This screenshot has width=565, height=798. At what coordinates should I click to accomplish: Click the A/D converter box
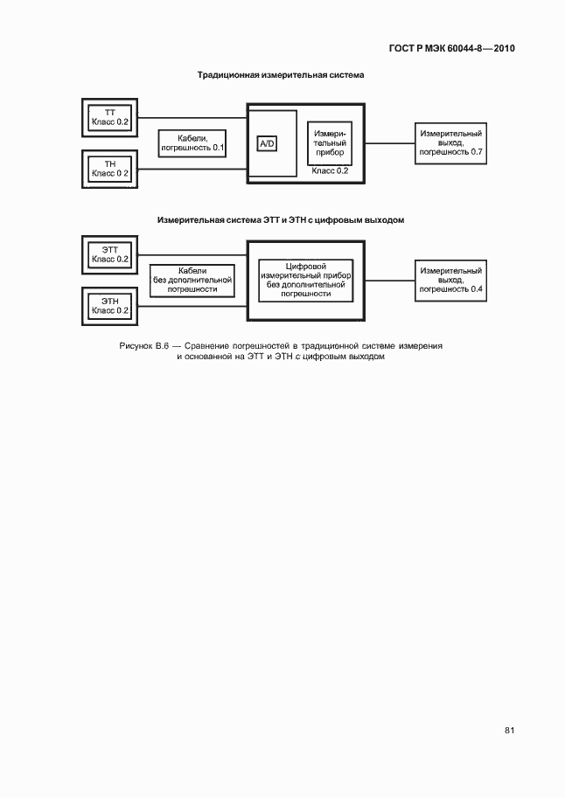[267, 144]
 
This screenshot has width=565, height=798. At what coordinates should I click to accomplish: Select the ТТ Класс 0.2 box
[109, 118]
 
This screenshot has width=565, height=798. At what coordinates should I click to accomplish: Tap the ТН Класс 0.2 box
[109, 169]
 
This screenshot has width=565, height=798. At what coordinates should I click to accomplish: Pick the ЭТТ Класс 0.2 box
[109, 254]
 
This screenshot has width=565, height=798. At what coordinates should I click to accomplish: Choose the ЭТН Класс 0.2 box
[109, 306]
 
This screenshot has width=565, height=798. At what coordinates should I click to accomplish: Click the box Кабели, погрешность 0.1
[192, 143]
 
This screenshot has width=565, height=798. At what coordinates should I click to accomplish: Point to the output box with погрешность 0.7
[451, 143]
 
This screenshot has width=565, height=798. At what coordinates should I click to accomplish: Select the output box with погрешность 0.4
[451, 281]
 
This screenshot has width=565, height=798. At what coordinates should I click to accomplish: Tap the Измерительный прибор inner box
[330, 143]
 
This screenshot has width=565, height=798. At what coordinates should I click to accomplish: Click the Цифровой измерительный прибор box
[306, 281]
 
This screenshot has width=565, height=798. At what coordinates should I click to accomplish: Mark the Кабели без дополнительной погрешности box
[192, 281]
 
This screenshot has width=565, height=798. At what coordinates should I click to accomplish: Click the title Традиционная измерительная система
[281, 75]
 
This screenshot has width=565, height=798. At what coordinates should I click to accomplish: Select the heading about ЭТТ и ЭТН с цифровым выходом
[281, 220]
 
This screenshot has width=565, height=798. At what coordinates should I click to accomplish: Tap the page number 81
[510, 731]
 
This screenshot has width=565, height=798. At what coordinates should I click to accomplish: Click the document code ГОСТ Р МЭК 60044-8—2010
[452, 48]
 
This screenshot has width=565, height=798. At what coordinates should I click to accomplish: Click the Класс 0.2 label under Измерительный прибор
[330, 171]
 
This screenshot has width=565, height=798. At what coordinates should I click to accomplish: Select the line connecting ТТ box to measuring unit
[192, 118]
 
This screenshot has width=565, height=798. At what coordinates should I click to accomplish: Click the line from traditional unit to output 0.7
[390, 143]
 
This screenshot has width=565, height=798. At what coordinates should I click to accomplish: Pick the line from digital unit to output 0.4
[390, 281]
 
